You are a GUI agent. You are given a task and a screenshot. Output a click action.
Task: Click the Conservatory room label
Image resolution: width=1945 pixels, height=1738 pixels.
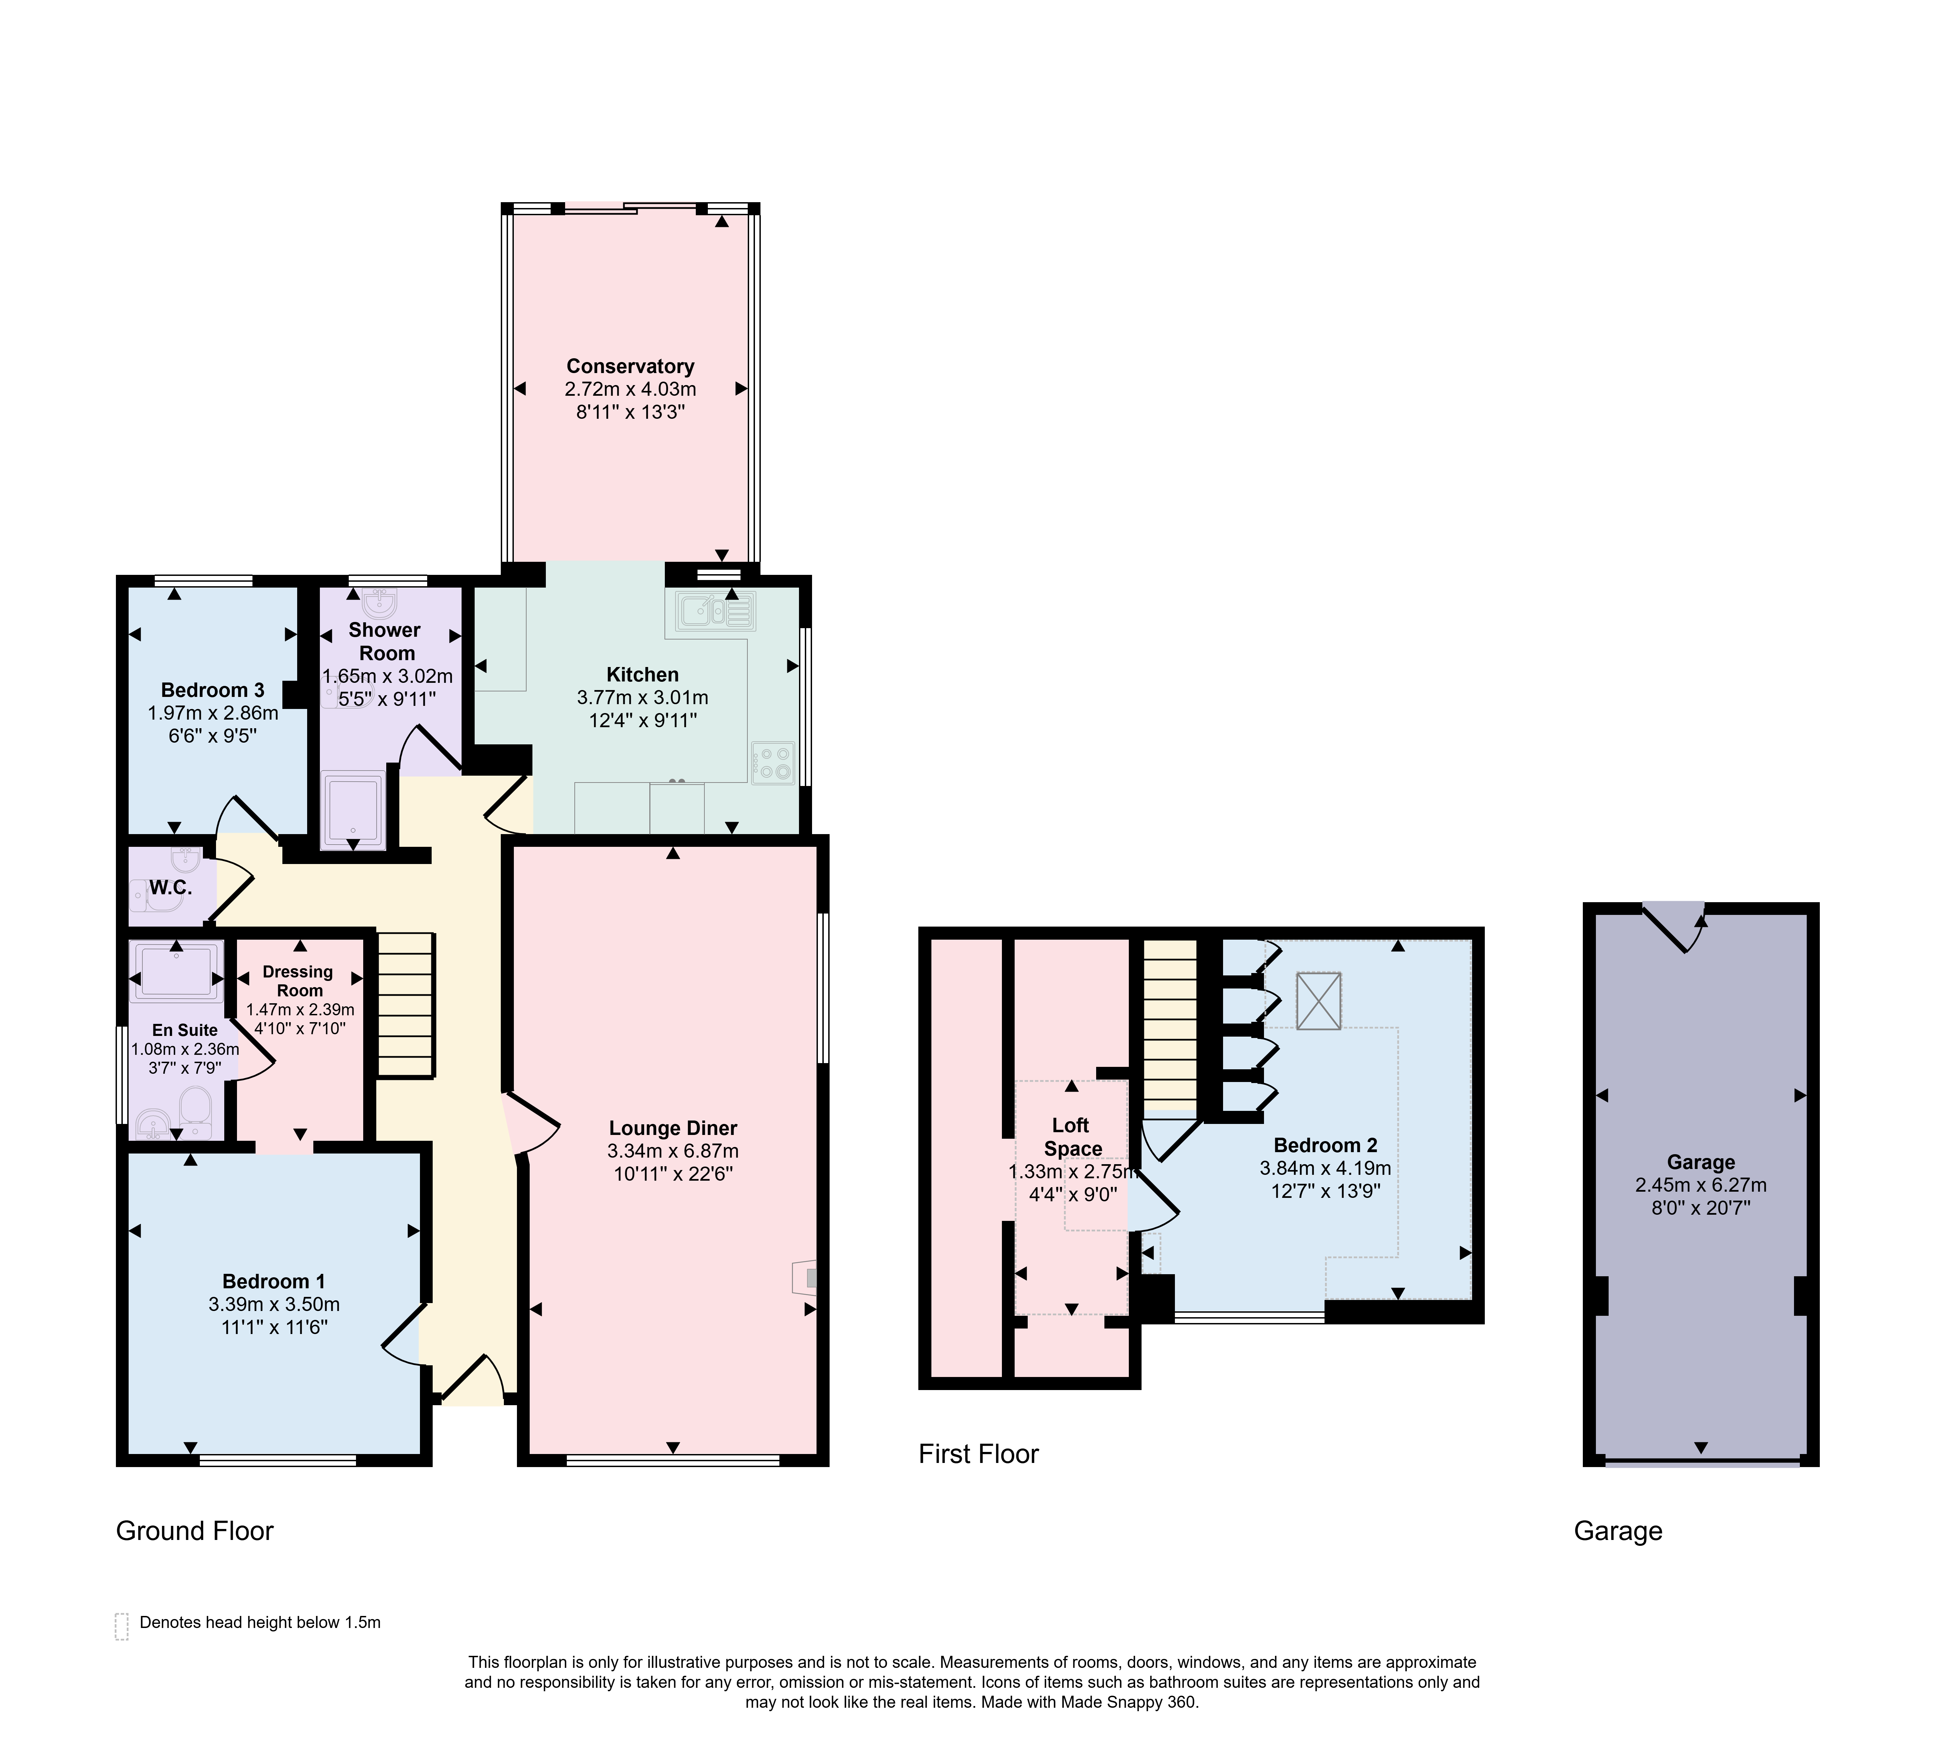[630, 366]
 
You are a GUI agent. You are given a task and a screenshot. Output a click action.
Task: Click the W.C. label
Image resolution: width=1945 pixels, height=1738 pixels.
[170, 887]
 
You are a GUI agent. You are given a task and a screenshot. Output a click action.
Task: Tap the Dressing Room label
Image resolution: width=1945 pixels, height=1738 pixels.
[298, 981]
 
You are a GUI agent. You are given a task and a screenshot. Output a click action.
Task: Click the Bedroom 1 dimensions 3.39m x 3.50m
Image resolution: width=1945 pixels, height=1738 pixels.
[274, 1304]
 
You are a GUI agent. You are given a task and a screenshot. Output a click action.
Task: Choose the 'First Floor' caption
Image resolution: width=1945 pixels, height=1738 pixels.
[978, 1453]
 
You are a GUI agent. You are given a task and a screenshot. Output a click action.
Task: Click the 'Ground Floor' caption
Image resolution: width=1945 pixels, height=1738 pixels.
[195, 1531]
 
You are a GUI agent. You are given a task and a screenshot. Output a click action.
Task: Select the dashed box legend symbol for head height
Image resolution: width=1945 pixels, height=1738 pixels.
[121, 1626]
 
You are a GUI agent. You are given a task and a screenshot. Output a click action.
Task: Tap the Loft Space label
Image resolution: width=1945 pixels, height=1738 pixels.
[1072, 1136]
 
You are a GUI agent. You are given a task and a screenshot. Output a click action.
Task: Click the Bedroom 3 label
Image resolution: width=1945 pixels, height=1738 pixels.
[212, 689]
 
